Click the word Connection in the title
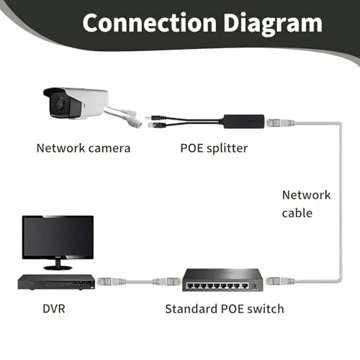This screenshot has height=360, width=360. pos(149,22)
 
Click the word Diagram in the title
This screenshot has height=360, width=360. pos(273,24)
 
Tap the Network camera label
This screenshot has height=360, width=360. pos(84,148)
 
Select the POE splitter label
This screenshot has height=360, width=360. pos(214,148)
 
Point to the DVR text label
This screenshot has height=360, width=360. pos(54,309)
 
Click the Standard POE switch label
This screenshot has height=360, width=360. pos(225,309)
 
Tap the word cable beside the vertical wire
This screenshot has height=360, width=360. pos(297,213)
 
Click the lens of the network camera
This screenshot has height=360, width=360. pos(60,104)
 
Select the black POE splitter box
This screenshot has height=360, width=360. pos(244,122)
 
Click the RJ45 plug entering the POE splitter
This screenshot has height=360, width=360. pos(279,123)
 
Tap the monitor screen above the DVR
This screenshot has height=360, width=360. pos(58,236)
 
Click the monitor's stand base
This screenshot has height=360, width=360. pos(58,268)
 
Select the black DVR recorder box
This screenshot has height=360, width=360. pos(56,282)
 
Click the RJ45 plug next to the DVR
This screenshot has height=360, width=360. pos(112,282)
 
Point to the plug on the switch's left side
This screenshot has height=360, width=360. pos(166,282)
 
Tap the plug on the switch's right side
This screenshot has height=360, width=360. pos(280,280)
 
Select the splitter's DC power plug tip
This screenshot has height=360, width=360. pos(148,117)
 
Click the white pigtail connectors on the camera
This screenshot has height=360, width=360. pos(132,117)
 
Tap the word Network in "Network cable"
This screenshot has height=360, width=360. pos(306,195)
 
